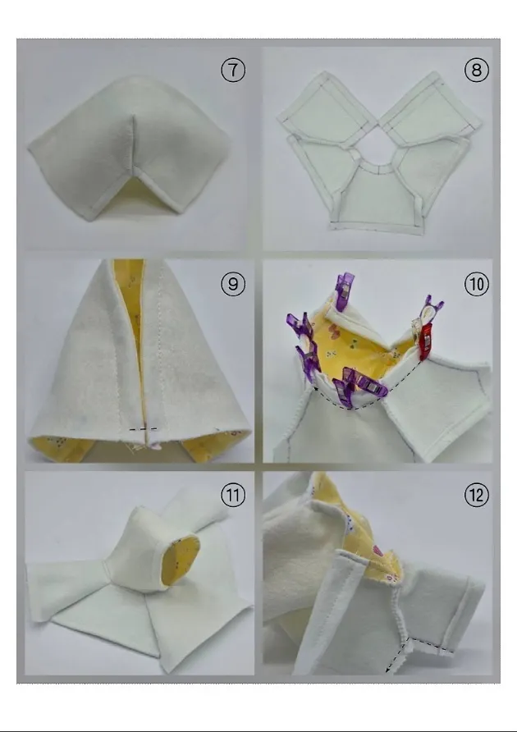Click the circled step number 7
(232, 70)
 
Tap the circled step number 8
(476, 70)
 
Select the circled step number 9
(232, 284)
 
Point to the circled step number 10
(476, 284)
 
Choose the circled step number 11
(232, 495)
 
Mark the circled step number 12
(476, 495)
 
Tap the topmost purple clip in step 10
(343, 291)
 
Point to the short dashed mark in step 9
(144, 428)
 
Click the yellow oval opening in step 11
(183, 560)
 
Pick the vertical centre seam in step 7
(134, 144)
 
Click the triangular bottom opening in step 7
(134, 195)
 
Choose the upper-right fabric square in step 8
(431, 108)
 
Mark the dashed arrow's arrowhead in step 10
(316, 388)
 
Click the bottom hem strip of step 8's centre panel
(377, 226)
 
